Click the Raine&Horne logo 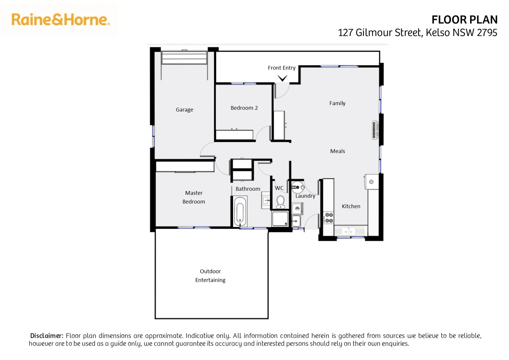60,20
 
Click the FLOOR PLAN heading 464,20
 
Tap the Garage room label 184,110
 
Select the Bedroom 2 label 244,108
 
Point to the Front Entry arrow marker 282,79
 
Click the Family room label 337,103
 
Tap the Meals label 337,151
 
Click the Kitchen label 351,206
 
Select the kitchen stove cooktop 329,218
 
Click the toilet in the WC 280,202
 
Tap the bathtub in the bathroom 240,212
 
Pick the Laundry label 305,196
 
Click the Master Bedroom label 194,197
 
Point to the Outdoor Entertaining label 210,276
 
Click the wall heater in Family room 375,130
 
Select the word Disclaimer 47,336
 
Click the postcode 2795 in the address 487,33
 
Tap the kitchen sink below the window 349,231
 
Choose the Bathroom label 248,189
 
